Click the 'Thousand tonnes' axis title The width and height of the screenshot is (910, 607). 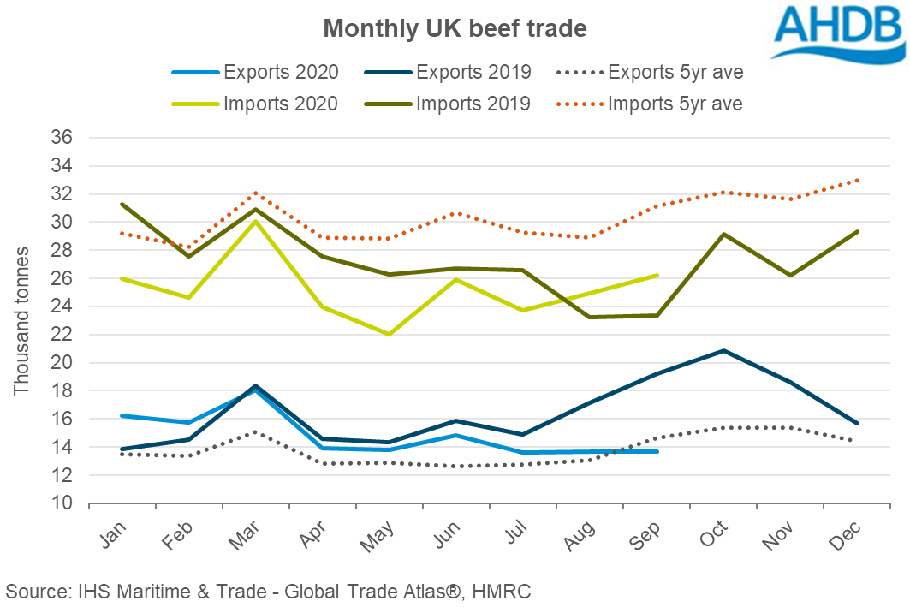point(21,321)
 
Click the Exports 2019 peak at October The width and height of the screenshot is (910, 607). point(724,350)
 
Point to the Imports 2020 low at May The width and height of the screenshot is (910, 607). point(389,334)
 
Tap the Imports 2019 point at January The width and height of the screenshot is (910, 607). point(122,204)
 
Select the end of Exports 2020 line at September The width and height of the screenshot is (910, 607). point(657,451)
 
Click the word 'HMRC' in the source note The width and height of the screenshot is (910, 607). point(505,591)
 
